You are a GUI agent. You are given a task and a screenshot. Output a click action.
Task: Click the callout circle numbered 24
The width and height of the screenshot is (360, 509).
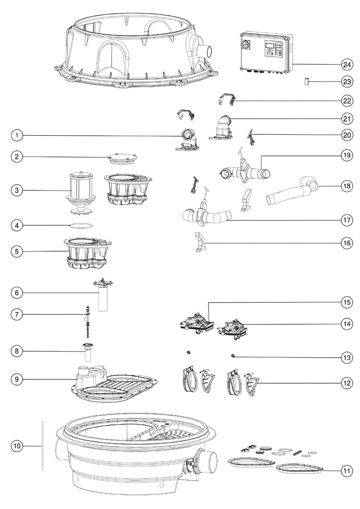point(347,64)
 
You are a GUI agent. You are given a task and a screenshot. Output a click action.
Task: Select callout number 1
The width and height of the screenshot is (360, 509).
point(17,135)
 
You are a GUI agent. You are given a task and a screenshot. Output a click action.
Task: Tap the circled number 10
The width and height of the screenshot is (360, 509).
point(17,446)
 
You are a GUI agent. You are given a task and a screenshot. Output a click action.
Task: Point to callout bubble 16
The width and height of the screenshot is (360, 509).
point(347,243)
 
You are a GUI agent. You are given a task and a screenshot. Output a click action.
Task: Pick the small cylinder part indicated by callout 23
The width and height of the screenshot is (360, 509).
point(306,82)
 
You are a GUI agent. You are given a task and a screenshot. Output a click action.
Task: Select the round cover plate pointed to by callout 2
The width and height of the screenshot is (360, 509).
point(122,158)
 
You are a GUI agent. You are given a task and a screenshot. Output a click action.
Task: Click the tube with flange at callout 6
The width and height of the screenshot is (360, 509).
point(103,295)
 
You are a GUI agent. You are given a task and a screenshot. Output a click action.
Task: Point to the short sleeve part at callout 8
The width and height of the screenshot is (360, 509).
point(88,352)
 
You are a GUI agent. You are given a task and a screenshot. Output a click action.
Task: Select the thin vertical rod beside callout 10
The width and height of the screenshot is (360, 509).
point(42,446)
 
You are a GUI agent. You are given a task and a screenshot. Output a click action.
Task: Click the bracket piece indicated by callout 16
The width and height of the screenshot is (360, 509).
point(201,241)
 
